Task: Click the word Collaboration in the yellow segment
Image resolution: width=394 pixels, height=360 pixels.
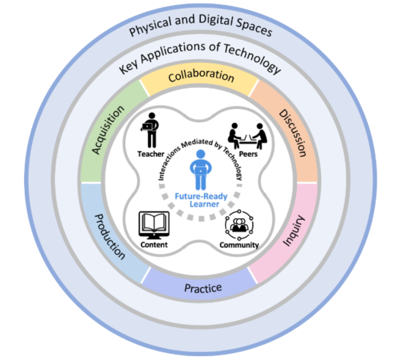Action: point(201,76)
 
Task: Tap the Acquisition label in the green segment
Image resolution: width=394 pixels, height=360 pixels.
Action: point(108,129)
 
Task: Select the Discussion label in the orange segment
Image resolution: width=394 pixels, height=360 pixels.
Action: point(293,133)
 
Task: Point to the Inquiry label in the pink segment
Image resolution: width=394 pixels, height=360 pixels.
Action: point(294,231)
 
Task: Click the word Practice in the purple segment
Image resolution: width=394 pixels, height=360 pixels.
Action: point(203,288)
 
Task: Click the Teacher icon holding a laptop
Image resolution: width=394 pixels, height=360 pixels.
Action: point(150,130)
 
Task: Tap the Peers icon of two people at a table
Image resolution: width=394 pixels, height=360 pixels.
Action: point(247,136)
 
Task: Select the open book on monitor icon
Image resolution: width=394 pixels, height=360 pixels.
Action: point(154,225)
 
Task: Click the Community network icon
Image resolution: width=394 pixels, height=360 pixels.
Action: point(239,225)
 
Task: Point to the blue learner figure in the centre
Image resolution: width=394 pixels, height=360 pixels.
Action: point(200,169)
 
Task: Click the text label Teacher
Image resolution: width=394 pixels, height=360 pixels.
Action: point(151,154)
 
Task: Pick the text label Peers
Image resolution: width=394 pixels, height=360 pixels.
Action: point(248,154)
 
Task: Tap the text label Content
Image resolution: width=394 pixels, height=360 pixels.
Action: point(154,245)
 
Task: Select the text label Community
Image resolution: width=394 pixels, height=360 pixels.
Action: point(239,245)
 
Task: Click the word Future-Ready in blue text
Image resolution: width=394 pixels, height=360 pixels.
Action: point(201,196)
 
